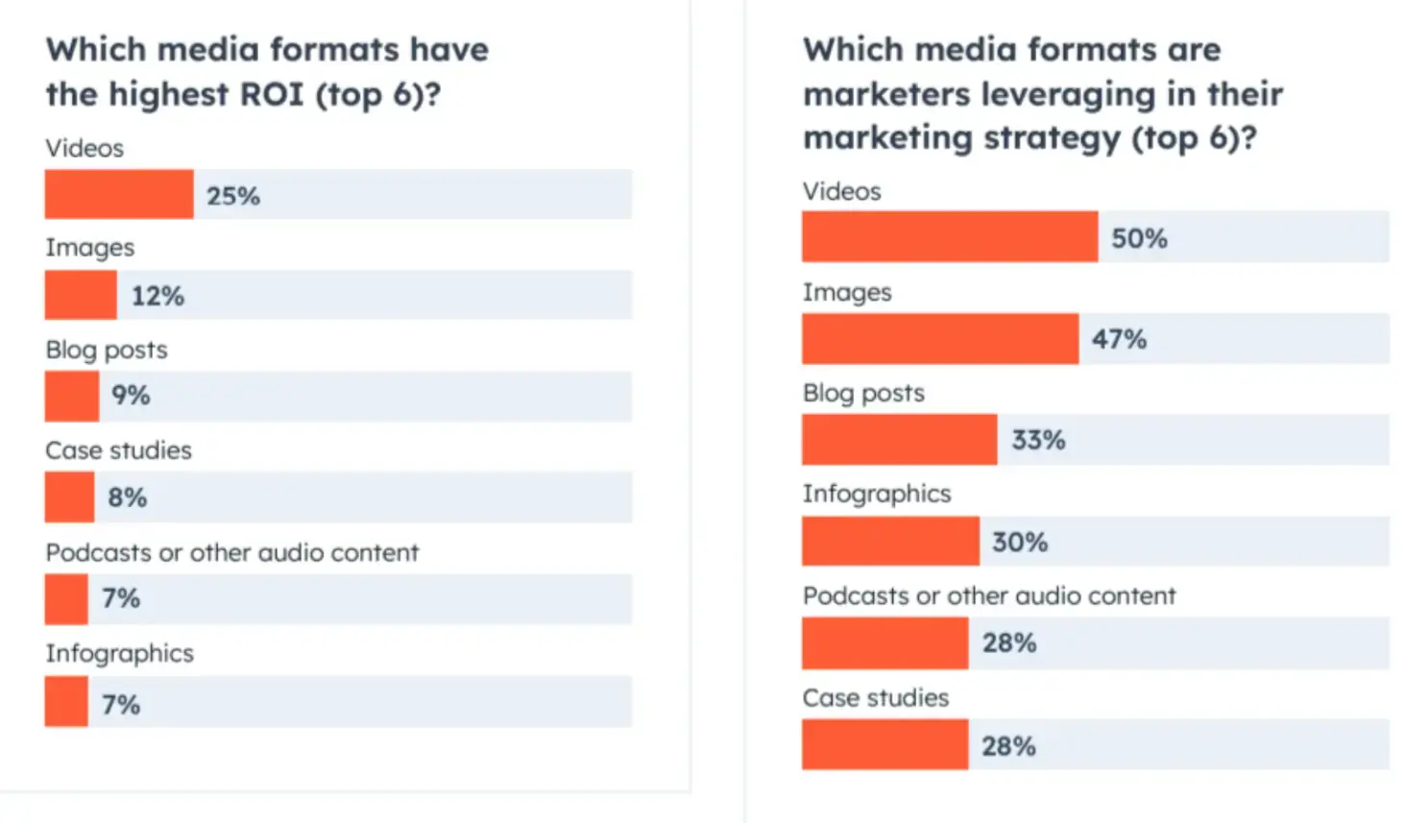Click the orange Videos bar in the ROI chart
click(119, 194)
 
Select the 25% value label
click(233, 196)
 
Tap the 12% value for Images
click(157, 296)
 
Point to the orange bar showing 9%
click(72, 397)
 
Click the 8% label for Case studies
click(127, 497)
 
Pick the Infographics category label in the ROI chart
click(119, 654)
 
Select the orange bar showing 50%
click(950, 237)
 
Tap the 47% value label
click(1119, 339)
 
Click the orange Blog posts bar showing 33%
click(900, 440)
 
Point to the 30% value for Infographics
click(1019, 543)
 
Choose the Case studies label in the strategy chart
click(876, 698)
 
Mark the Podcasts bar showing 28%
click(884, 643)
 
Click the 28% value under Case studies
click(1008, 746)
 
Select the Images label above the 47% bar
click(847, 293)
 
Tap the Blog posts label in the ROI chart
click(107, 350)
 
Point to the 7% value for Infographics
click(121, 705)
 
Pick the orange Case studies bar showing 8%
click(69, 497)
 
